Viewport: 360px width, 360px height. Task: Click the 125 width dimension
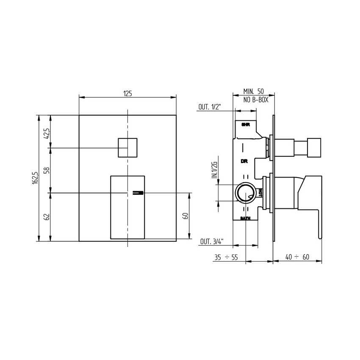point(127,94)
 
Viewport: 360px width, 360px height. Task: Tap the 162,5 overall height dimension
point(35,178)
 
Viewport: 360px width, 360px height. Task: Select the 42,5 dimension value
point(47,133)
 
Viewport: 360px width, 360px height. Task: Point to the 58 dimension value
point(47,170)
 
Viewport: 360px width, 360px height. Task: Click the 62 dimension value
point(47,217)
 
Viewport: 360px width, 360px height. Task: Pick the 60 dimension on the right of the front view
point(186,216)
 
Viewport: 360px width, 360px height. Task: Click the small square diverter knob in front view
point(127,148)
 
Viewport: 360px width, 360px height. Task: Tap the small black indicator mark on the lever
point(138,193)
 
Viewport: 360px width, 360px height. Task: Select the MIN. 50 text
point(254,91)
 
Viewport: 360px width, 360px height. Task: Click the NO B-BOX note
point(256,100)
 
